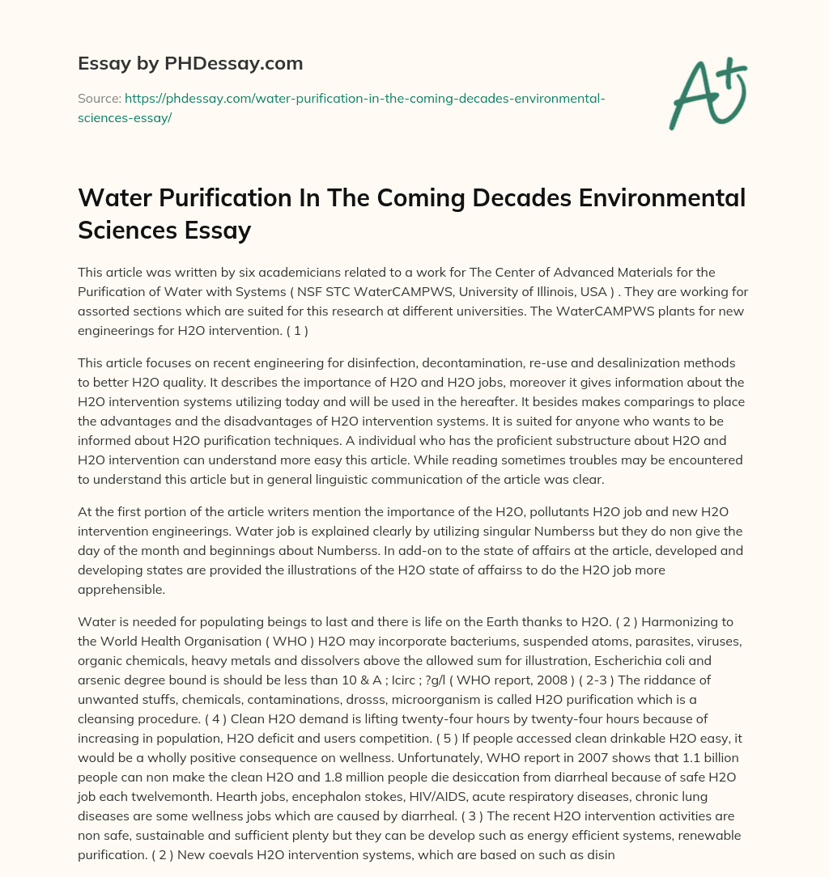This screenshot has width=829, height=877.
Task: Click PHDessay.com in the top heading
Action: point(249,62)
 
